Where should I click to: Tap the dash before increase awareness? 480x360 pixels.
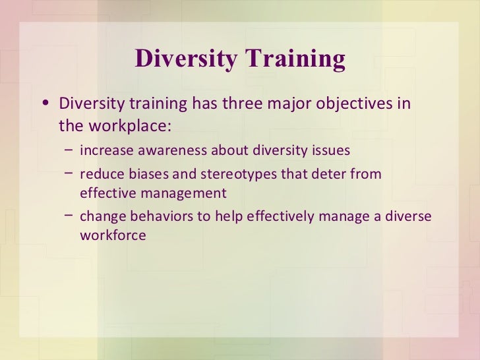(x=69, y=150)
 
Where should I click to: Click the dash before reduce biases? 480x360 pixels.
(x=69, y=173)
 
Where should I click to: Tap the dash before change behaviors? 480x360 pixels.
(x=69, y=216)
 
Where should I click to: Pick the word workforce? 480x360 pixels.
(x=113, y=235)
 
